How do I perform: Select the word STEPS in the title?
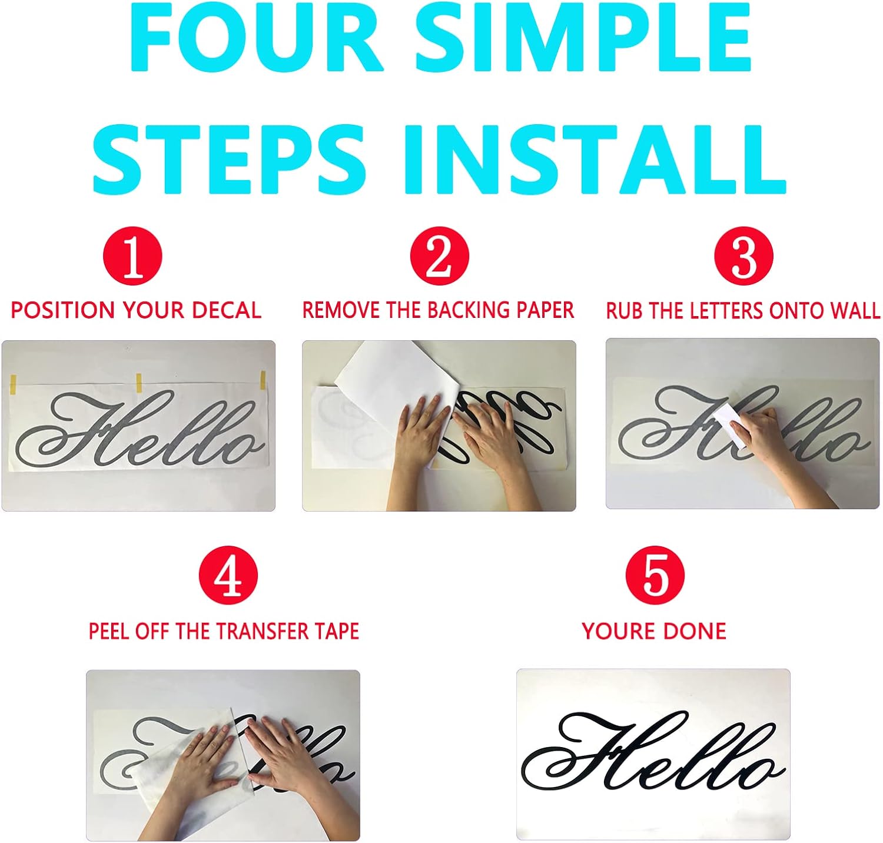click(229, 159)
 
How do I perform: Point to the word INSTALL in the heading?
click(595, 159)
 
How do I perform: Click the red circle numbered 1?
click(132, 256)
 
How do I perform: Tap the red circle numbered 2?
click(440, 256)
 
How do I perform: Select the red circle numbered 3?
click(744, 256)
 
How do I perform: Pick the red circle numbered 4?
click(228, 576)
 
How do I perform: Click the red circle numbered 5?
click(655, 576)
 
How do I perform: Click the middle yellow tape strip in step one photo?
click(140, 383)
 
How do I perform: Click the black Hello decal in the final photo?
click(653, 751)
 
